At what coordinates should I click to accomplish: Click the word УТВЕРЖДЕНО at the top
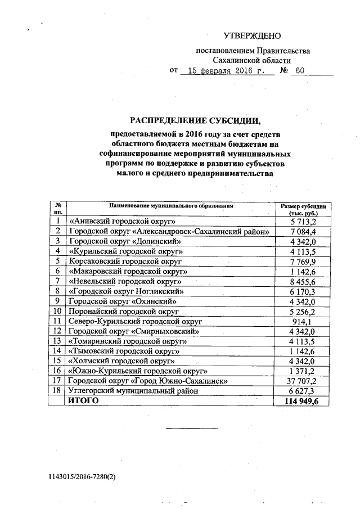click(x=252, y=36)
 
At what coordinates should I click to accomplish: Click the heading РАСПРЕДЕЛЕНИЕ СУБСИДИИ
click(x=196, y=120)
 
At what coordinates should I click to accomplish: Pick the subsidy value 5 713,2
click(x=303, y=221)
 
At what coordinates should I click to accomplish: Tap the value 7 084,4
click(x=303, y=231)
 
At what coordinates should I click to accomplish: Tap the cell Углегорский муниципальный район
click(x=133, y=390)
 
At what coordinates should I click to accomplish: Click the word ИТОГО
click(x=84, y=400)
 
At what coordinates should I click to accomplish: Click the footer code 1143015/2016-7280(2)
click(x=82, y=476)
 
